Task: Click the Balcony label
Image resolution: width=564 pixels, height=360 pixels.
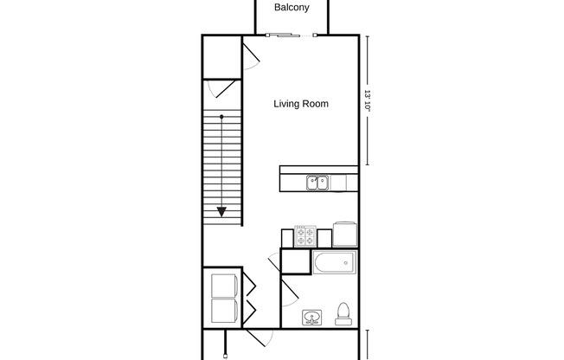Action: pyautogui.click(x=292, y=7)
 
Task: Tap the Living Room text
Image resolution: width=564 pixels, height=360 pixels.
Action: pyautogui.click(x=301, y=104)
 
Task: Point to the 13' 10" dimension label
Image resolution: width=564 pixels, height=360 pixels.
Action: pyautogui.click(x=368, y=100)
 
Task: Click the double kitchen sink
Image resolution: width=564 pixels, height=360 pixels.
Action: pyautogui.click(x=317, y=183)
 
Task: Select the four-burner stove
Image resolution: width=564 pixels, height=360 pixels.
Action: pyautogui.click(x=305, y=236)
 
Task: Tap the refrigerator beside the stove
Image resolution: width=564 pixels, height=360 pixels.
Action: pyautogui.click(x=345, y=235)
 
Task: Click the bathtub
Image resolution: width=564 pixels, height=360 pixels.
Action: pyautogui.click(x=335, y=263)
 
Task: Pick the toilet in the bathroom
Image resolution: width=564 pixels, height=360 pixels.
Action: pyautogui.click(x=343, y=314)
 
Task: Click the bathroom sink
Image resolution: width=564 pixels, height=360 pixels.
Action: pyautogui.click(x=312, y=318)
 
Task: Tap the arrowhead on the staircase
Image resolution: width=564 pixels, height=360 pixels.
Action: pyautogui.click(x=221, y=212)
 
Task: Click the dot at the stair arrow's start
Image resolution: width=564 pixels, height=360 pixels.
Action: pyautogui.click(x=221, y=117)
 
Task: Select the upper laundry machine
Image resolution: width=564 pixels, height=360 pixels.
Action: pyautogui.click(x=224, y=286)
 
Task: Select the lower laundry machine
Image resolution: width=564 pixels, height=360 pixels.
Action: pyautogui.click(x=224, y=311)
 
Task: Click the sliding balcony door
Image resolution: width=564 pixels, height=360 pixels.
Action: pyautogui.click(x=291, y=35)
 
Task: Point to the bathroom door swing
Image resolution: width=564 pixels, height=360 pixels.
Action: pyautogui.click(x=290, y=293)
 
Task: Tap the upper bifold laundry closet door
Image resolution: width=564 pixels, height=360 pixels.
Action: pyautogui.click(x=249, y=286)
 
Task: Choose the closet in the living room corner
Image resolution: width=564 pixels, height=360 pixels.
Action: pyautogui.click(x=221, y=57)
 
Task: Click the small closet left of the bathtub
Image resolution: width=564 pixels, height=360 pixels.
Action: pyautogui.click(x=296, y=261)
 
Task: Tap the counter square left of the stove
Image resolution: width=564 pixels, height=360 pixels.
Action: pyautogui.click(x=287, y=238)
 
